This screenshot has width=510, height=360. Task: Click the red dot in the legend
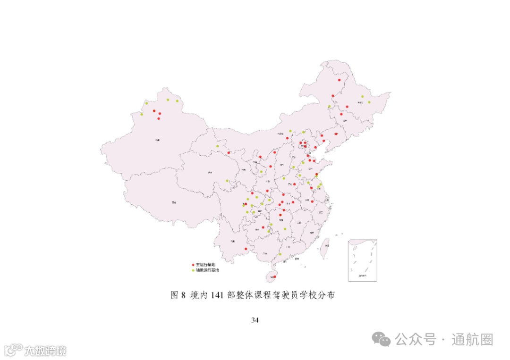pos(193,265)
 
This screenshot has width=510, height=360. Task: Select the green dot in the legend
pos(193,270)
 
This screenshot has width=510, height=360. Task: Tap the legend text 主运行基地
pos(205,265)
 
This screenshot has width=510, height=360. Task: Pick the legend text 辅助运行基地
pos(207,270)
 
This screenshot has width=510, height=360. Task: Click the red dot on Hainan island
pos(274,276)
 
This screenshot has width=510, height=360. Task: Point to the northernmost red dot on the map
pos(339,80)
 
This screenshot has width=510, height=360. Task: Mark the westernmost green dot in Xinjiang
pos(141,114)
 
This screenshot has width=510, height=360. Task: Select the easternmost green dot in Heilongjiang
pos(369,102)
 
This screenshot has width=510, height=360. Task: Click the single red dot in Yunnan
pos(246,249)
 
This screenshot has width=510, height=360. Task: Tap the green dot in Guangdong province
pos(280,254)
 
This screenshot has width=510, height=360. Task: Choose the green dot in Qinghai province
pos(227,180)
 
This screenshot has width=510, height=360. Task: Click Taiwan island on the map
pos(325,247)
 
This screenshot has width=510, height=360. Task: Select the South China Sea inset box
pos(362,260)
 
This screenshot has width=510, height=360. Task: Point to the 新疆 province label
pos(157,140)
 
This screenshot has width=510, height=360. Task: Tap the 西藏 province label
pos(174,202)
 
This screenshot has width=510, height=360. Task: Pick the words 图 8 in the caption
pos(178,295)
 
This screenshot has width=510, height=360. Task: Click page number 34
pos(255,320)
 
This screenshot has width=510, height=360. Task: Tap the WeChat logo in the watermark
pos(381,338)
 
